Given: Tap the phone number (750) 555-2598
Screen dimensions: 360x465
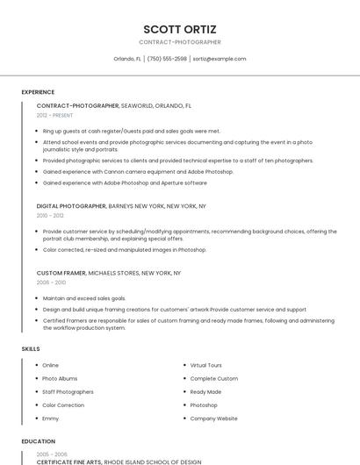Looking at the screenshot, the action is (167, 59).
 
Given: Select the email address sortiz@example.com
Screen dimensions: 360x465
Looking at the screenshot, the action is (220, 59).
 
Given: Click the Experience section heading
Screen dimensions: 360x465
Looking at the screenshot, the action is (38, 92).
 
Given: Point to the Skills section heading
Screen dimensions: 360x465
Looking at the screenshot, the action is (31, 349).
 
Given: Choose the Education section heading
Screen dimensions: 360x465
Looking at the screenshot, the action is (39, 441).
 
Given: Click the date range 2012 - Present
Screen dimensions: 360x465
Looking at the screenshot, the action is (54, 115).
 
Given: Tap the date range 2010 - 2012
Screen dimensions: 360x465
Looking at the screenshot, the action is (50, 215).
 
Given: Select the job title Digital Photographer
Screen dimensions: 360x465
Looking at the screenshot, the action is (71, 205).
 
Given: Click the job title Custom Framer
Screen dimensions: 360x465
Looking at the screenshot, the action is (61, 273).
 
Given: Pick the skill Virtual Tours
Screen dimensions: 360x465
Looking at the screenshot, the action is (206, 365).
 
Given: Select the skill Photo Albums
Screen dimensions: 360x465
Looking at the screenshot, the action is (60, 378).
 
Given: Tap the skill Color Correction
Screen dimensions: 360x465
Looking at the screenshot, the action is (63, 405).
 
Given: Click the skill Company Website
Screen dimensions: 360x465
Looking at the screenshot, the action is (214, 418).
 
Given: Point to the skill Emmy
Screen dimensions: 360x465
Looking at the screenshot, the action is (51, 418).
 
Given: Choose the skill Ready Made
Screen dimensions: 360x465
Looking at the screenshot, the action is (205, 392).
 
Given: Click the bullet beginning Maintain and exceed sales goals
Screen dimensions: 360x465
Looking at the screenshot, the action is (83, 298).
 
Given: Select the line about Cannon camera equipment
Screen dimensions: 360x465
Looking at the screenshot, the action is (138, 172).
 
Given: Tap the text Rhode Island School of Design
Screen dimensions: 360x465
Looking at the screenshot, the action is (153, 461).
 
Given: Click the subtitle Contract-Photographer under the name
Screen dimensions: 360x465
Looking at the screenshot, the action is (180, 42).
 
